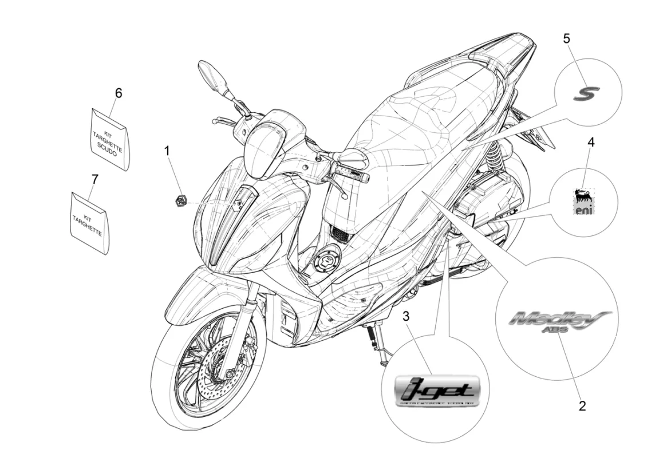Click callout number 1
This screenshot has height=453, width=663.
coord(167,151)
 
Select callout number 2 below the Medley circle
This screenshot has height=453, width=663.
coord(582,406)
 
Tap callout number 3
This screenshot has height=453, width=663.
coord(406,316)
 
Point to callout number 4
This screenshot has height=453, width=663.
coord(590,141)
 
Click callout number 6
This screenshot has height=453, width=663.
coord(119,93)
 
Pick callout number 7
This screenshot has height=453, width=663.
coord(94,179)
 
